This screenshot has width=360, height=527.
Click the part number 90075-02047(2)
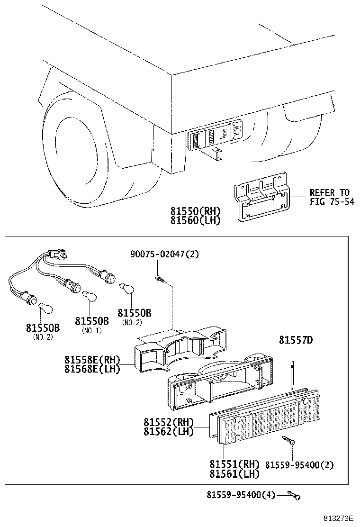164,254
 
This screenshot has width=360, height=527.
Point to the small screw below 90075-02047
159,278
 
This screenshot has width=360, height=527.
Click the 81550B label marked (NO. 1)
91,321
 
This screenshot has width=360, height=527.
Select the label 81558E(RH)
92,359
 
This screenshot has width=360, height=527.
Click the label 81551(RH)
234,464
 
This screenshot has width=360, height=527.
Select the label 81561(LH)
234,473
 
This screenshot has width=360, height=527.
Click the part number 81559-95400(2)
299,465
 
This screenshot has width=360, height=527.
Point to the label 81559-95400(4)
241,495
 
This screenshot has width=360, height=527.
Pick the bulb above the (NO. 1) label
87,295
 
